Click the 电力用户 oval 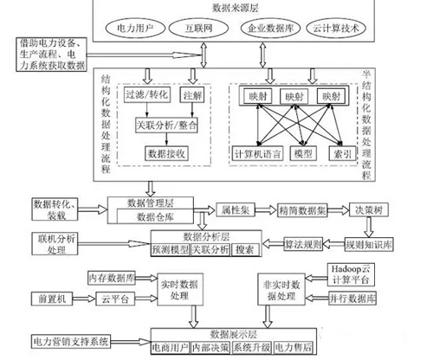point(140,29)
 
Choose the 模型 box point(303,152)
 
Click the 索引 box point(345,152)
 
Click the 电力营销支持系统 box point(72,341)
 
